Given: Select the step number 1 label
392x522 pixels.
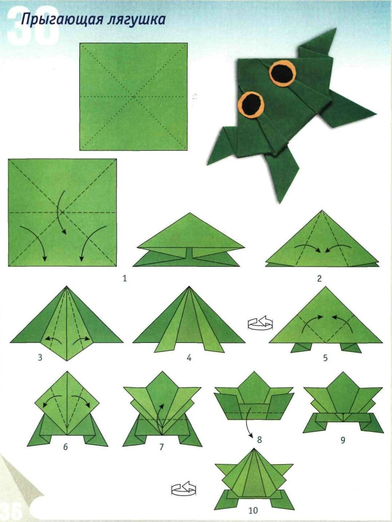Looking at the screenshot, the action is [x=124, y=278].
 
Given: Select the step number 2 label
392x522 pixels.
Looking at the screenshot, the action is [x=319, y=278].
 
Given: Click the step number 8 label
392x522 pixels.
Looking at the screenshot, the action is [x=259, y=439].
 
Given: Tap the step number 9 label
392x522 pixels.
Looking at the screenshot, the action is [x=343, y=440].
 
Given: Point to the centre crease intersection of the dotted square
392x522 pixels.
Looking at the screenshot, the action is [x=134, y=96].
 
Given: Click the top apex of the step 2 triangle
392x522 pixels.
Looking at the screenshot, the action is [x=322, y=210].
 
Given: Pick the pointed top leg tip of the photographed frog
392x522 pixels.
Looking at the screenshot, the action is [x=336, y=28].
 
